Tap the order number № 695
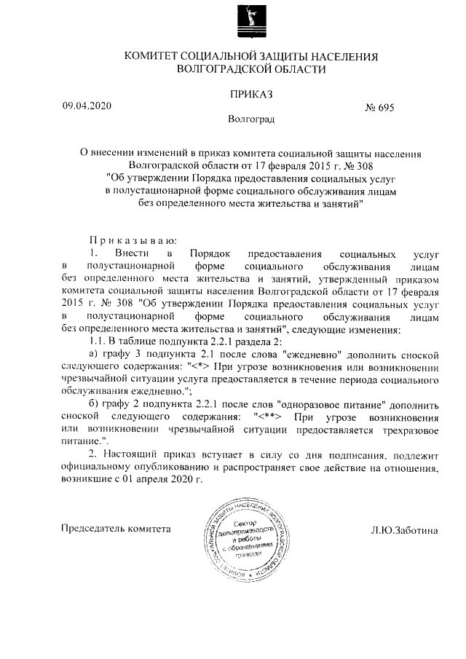(x=379, y=107)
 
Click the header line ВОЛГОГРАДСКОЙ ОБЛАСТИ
(x=251, y=69)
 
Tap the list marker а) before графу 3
(x=93, y=354)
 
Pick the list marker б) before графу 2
(x=93, y=403)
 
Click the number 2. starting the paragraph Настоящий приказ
(x=92, y=454)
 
